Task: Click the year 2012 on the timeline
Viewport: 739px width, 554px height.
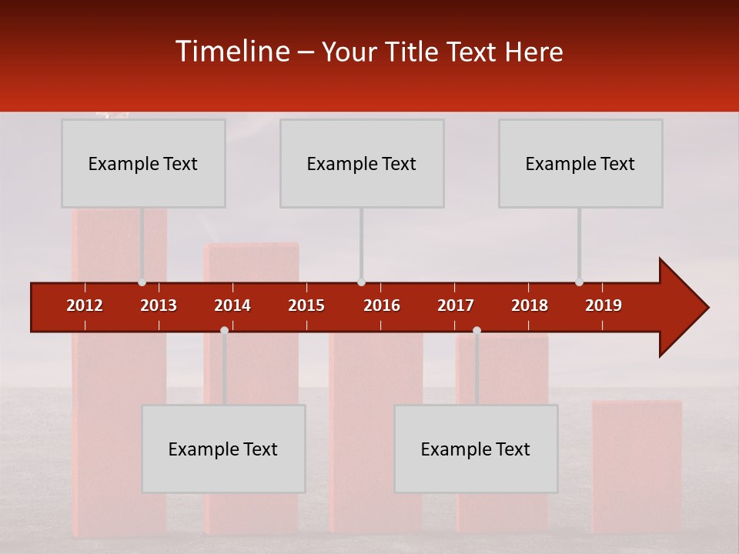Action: [85, 305]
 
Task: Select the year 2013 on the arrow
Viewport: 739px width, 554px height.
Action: [159, 305]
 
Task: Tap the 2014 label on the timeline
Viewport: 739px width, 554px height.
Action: [232, 305]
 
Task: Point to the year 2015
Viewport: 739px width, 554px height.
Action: [306, 305]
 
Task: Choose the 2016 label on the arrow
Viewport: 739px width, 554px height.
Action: [382, 305]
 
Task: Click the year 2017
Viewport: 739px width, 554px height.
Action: [456, 305]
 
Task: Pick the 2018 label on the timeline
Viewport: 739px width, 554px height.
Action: [530, 305]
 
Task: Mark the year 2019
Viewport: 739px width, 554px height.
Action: [604, 305]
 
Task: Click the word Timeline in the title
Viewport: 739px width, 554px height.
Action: [233, 52]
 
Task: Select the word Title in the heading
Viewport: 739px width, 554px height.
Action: [412, 52]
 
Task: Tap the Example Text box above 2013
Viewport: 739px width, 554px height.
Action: [143, 163]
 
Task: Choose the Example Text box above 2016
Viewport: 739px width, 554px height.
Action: [362, 163]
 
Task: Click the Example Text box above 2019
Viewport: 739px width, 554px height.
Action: [580, 163]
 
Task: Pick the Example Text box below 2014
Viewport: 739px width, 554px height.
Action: [223, 449]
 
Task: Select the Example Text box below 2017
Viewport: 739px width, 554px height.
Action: [476, 449]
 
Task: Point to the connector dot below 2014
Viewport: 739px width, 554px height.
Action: [224, 330]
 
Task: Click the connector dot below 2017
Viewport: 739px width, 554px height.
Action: [477, 330]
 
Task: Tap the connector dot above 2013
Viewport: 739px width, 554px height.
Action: [142, 282]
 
